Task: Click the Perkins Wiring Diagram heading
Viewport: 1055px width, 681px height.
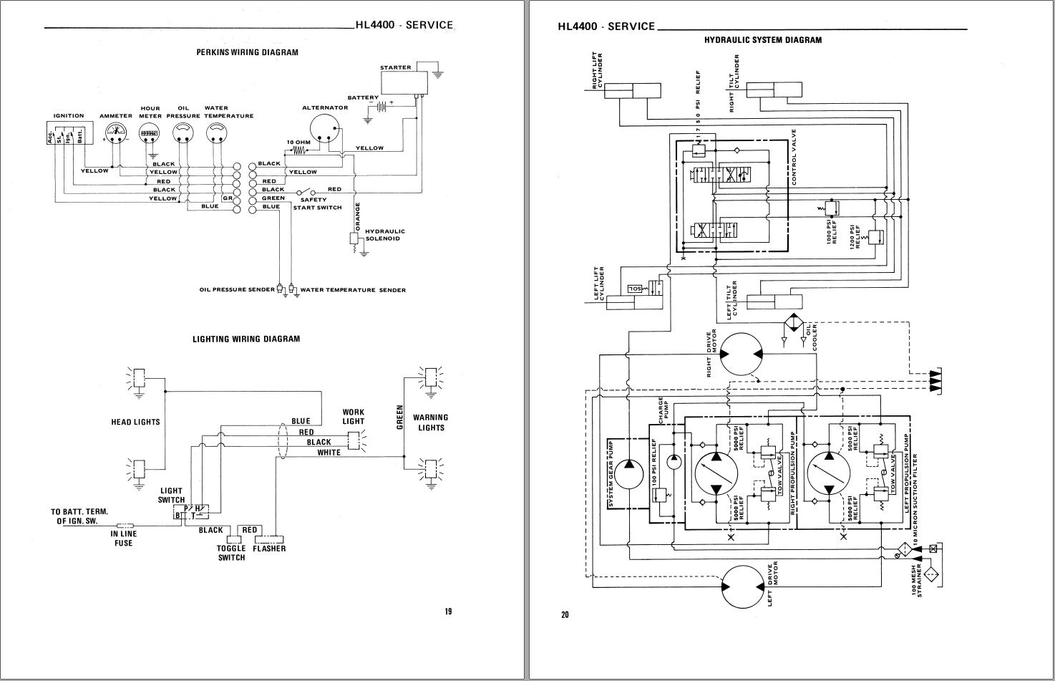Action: point(247,52)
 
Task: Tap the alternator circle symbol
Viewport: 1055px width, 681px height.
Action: point(325,130)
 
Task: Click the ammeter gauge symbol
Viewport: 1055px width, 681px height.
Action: point(115,132)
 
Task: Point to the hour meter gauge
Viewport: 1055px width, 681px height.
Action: point(150,132)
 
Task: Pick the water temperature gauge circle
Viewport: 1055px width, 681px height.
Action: point(217,132)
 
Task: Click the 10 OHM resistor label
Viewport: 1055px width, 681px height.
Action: point(298,142)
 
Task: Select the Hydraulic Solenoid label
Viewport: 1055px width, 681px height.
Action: point(385,235)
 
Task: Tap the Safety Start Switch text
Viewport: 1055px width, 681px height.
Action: point(317,203)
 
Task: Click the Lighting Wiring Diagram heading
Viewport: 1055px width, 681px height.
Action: point(246,339)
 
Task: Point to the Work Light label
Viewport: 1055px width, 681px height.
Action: point(353,417)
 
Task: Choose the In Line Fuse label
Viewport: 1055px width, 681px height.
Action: point(123,538)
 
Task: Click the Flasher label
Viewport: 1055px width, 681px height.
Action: point(269,549)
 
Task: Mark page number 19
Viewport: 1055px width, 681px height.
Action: point(448,612)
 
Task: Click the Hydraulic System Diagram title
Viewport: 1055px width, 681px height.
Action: point(762,40)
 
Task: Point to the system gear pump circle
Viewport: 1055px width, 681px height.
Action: point(629,473)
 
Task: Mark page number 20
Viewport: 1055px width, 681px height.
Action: point(565,614)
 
